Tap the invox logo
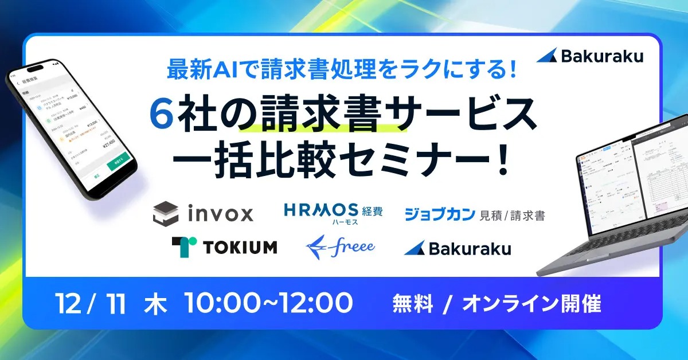click(x=203, y=214)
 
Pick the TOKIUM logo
click(x=224, y=246)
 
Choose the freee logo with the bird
click(x=341, y=246)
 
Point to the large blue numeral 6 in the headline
click(x=161, y=115)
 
